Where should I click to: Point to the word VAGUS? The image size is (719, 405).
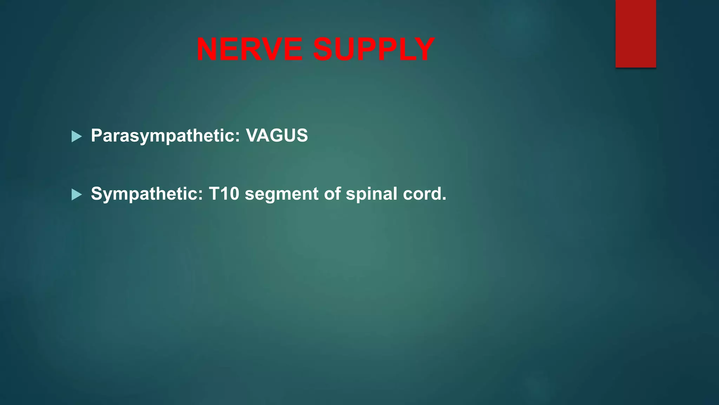click(277, 135)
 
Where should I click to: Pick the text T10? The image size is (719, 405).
click(224, 194)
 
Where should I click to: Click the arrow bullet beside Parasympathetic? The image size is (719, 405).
click(76, 136)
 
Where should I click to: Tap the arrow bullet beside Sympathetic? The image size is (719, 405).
click(76, 194)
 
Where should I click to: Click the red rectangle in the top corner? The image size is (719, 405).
click(635, 33)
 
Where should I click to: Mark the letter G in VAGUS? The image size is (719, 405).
click(277, 135)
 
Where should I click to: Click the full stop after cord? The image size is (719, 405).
click(444, 199)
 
